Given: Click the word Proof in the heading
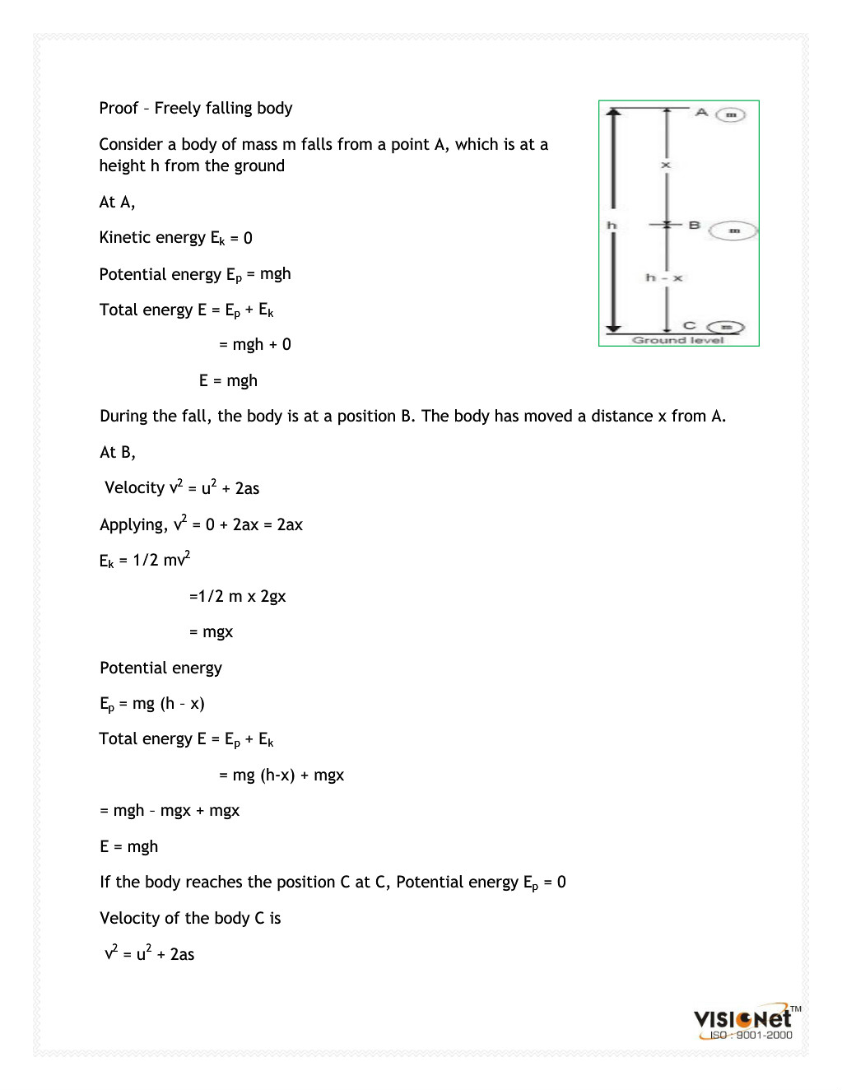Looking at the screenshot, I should tap(119, 108).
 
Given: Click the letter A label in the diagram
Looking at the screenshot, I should tap(701, 112).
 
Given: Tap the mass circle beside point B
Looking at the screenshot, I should tap(733, 231).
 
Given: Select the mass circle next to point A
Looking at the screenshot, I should tap(730, 114).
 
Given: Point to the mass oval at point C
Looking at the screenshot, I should tap(725, 327).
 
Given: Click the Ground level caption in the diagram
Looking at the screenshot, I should tap(677, 340).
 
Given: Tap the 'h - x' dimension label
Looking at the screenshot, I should tap(663, 277).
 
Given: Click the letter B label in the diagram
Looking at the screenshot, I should tap(694, 225).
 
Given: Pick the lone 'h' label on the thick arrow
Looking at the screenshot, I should tap(612, 225).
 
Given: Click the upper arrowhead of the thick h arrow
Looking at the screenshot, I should tap(612, 114).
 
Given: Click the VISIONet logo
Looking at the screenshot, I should tap(742, 1018).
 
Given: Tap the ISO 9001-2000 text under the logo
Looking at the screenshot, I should tap(751, 1036).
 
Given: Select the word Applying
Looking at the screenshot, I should tap(133, 524).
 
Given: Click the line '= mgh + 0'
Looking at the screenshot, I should tap(255, 344).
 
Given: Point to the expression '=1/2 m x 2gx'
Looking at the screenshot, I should tap(237, 596).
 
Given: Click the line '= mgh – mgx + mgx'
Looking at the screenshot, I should tap(170, 810).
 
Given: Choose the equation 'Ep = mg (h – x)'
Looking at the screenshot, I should tap(151, 704).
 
